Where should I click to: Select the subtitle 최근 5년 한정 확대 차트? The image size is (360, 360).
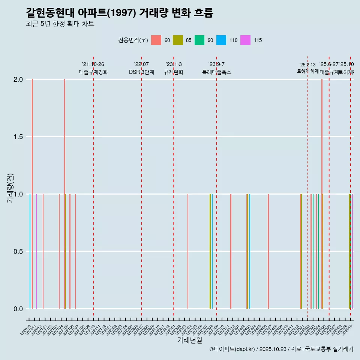tap(60, 24)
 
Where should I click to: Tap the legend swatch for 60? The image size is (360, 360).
tap(156, 40)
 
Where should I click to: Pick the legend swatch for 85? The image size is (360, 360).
tap(178, 40)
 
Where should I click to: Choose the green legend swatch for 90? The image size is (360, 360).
tap(199, 40)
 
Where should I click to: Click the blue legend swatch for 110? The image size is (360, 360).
tap(221, 40)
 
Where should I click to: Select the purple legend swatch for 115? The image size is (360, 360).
tap(245, 40)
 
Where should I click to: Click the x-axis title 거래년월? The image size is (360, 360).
tap(189, 340)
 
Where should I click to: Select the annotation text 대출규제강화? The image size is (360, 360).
tap(93, 72)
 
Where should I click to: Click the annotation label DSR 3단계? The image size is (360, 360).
tap(141, 72)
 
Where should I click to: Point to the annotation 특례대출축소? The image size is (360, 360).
tap(216, 72)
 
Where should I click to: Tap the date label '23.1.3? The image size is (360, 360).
tap(174, 64)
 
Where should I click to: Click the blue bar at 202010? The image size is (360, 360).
tap(30, 251)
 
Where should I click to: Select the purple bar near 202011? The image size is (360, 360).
tap(36, 251)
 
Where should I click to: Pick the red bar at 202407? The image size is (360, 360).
tap(268, 251)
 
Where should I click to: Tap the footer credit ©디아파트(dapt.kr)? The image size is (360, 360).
tap(232, 349)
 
